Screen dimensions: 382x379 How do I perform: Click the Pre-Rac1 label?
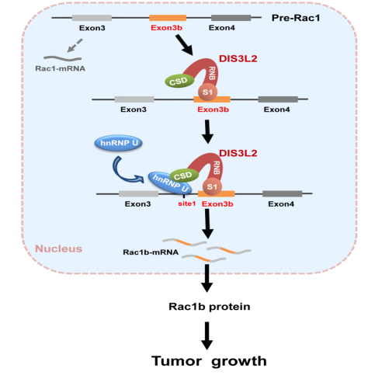click(x=296, y=18)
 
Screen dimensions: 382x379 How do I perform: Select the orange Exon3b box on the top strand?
click(x=168, y=18)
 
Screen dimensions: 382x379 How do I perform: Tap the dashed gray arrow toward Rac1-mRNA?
click(x=75, y=46)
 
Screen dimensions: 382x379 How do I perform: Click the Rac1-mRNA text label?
click(x=61, y=68)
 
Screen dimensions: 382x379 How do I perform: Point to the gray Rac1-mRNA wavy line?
click(x=62, y=58)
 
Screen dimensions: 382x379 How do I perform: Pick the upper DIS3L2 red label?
click(x=238, y=58)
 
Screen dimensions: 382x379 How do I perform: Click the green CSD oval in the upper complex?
click(x=179, y=81)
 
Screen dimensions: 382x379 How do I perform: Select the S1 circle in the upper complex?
click(x=207, y=92)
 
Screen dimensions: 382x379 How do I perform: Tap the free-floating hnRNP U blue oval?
click(x=119, y=143)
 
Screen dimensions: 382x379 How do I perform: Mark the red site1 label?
click(x=187, y=203)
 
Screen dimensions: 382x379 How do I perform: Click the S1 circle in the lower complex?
click(x=212, y=186)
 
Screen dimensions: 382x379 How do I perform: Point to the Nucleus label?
click(x=59, y=249)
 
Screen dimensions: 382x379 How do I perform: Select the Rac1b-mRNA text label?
click(x=151, y=252)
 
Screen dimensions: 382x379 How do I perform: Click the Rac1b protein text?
click(x=210, y=307)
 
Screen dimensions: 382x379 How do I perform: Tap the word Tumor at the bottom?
click(x=176, y=360)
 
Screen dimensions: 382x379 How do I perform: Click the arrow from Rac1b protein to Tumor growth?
click(x=207, y=336)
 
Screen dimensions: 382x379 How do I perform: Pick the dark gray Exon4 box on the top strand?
click(x=231, y=18)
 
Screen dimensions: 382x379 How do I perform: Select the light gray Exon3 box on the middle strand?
click(x=134, y=99)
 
